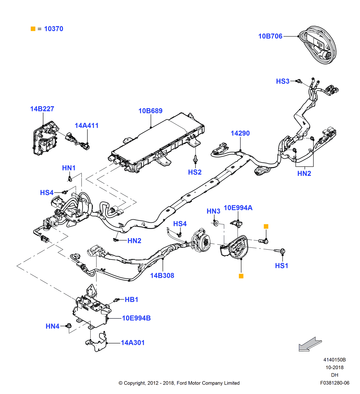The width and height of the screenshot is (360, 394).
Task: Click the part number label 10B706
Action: click(x=270, y=36)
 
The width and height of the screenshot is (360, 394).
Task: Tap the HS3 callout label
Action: click(x=283, y=81)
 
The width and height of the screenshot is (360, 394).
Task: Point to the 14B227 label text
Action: click(x=42, y=109)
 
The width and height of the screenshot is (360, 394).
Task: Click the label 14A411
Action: click(x=87, y=126)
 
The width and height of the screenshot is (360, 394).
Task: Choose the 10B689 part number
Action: click(x=150, y=111)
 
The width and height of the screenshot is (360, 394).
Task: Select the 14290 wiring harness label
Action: click(x=240, y=133)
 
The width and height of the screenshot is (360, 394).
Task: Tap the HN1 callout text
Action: click(x=69, y=168)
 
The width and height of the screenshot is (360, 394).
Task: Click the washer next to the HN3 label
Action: click(x=216, y=223)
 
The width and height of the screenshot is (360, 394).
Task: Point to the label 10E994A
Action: click(x=238, y=208)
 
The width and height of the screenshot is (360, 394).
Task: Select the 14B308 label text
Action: click(x=162, y=276)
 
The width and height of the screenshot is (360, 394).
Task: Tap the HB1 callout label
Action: click(x=131, y=299)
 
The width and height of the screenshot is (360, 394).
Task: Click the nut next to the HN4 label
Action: click(x=69, y=326)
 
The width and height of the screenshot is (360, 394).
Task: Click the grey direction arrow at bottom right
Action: click(x=310, y=344)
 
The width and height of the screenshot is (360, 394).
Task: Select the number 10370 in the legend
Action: click(x=53, y=29)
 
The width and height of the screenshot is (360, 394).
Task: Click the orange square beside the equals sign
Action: click(x=33, y=29)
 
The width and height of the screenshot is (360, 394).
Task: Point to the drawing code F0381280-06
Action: click(x=335, y=383)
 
